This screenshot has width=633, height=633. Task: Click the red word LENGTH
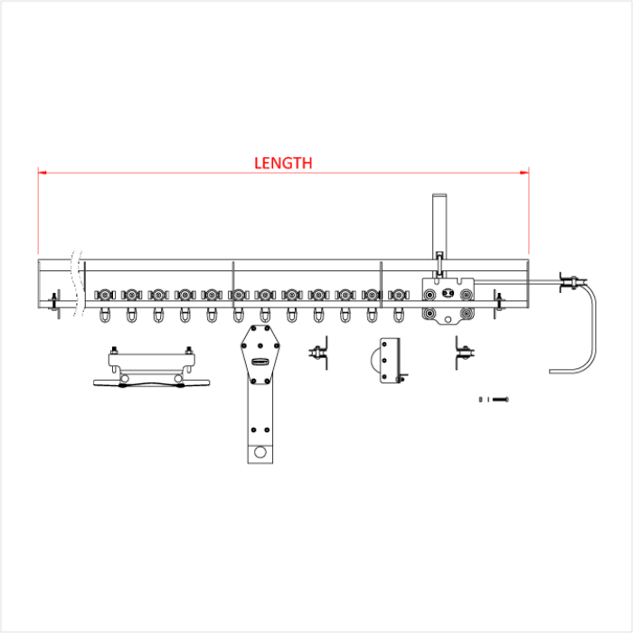pos(283,163)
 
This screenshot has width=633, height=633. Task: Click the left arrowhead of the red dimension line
pos(42,171)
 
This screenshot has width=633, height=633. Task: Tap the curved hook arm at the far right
pos(593,330)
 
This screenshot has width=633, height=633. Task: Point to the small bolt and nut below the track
pos(494,399)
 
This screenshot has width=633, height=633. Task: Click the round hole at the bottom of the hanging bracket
pos(260,451)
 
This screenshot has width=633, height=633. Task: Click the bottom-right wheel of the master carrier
pos(466,315)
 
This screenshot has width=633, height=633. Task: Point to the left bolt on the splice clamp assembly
pos(115,352)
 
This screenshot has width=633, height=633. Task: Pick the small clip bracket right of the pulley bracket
pos(463,354)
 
